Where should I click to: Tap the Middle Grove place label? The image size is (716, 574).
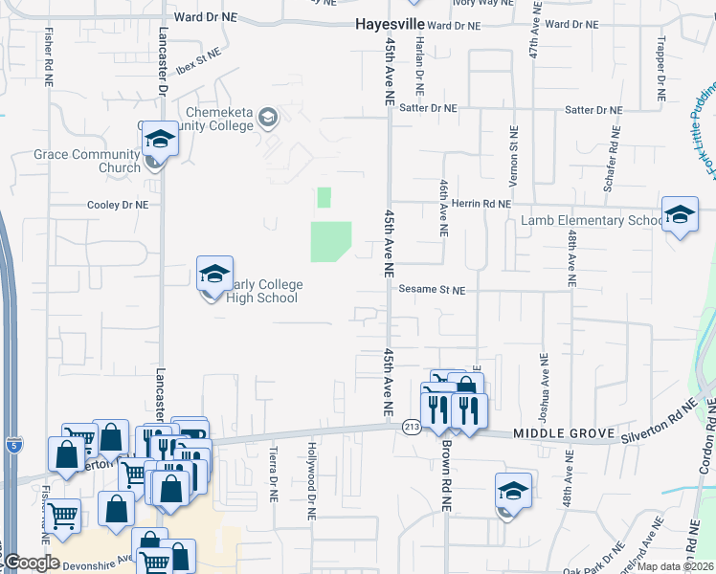point(563,434)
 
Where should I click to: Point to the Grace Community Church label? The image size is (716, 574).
point(86,161)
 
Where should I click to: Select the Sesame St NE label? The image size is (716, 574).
point(432,289)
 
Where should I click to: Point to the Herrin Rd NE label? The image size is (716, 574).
point(481,204)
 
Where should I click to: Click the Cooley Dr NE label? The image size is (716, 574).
point(119,205)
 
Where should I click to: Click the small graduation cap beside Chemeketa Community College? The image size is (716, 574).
point(269,118)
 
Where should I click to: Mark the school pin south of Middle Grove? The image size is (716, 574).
point(513,494)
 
